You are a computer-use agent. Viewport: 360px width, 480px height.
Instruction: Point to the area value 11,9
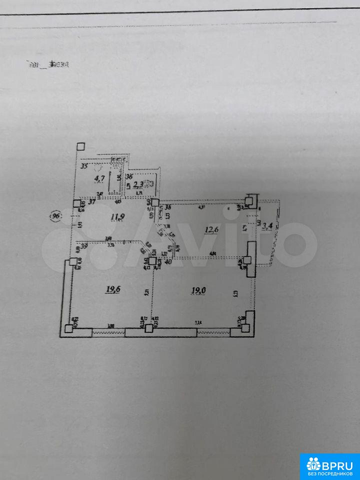pos(117,217)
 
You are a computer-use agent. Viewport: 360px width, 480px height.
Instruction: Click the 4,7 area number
pos(99,177)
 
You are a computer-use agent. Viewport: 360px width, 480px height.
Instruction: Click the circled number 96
pos(56,216)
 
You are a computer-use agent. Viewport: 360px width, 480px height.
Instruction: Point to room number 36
pos(129,176)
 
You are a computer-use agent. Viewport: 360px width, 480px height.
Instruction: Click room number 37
pos(91,202)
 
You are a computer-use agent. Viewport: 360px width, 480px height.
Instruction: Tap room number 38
pos(168,207)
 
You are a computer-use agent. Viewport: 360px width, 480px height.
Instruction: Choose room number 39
pos(84,245)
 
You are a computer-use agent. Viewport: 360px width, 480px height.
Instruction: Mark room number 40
pos(168,261)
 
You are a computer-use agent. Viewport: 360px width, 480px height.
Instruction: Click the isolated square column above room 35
pos(81,146)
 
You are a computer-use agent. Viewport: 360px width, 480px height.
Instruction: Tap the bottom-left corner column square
pos(68,328)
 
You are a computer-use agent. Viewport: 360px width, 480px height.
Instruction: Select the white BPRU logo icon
pos(313,464)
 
